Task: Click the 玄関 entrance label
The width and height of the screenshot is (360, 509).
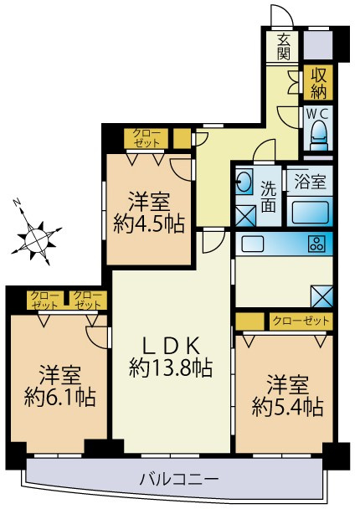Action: click(x=285, y=46)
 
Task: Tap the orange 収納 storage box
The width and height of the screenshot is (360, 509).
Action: click(x=318, y=82)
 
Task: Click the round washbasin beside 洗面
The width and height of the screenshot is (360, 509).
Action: click(x=244, y=183)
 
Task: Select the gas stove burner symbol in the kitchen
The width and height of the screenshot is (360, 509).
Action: click(x=317, y=244)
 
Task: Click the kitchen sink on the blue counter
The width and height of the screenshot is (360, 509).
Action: click(x=252, y=244)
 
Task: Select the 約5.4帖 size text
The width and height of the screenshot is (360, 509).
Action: click(x=287, y=407)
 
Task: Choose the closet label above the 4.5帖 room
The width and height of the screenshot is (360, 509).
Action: click(x=146, y=138)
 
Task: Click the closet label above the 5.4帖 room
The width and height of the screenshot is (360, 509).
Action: click(x=301, y=321)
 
